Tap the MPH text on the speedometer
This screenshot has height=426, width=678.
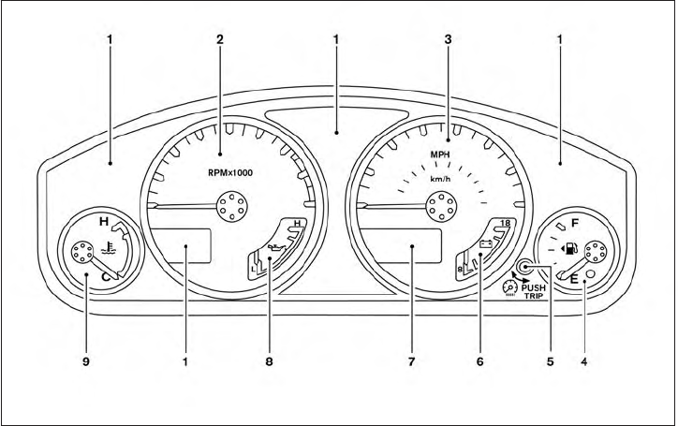click(x=440, y=154)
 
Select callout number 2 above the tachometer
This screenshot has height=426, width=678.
click(x=220, y=40)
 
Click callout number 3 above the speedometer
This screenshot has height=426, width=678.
click(x=449, y=40)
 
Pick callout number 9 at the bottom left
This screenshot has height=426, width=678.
click(x=85, y=359)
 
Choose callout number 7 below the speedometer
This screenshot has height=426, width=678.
click(x=412, y=359)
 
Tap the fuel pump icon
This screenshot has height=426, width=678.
click(x=569, y=250)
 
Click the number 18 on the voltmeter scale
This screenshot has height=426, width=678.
click(x=506, y=223)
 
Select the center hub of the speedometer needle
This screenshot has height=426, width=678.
click(x=439, y=203)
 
